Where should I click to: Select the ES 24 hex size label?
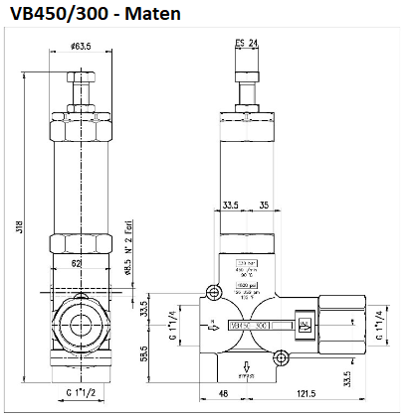click(248, 43)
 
